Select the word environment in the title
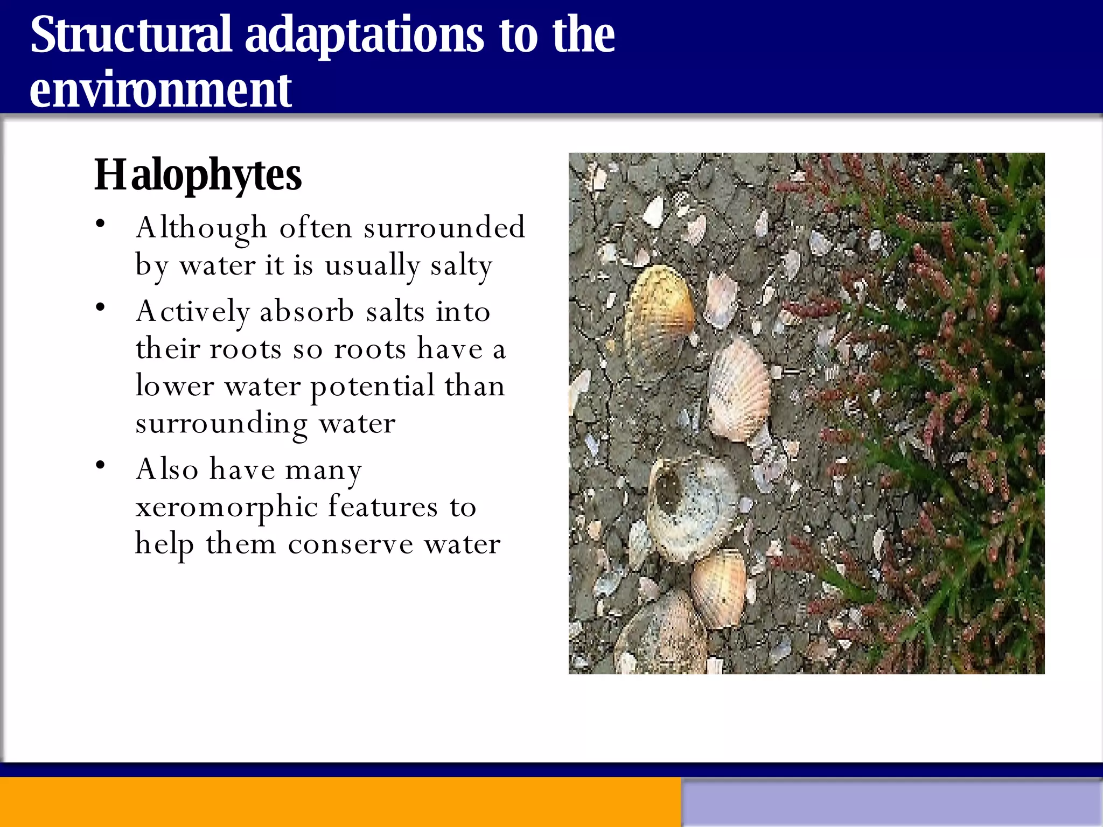(x=160, y=90)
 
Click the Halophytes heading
(x=198, y=175)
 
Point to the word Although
(x=201, y=228)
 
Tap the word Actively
(x=193, y=312)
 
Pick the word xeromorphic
(x=226, y=507)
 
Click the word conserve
(x=350, y=544)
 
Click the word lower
(x=174, y=387)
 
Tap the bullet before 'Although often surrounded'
(x=101, y=223)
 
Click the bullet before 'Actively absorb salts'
(x=101, y=308)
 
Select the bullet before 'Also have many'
(x=101, y=465)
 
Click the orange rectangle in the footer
(x=339, y=802)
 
